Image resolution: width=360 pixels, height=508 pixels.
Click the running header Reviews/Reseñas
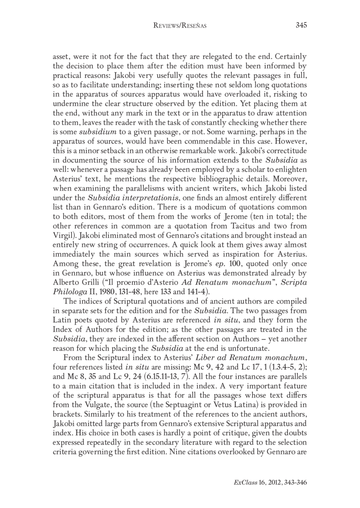point(180,26)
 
